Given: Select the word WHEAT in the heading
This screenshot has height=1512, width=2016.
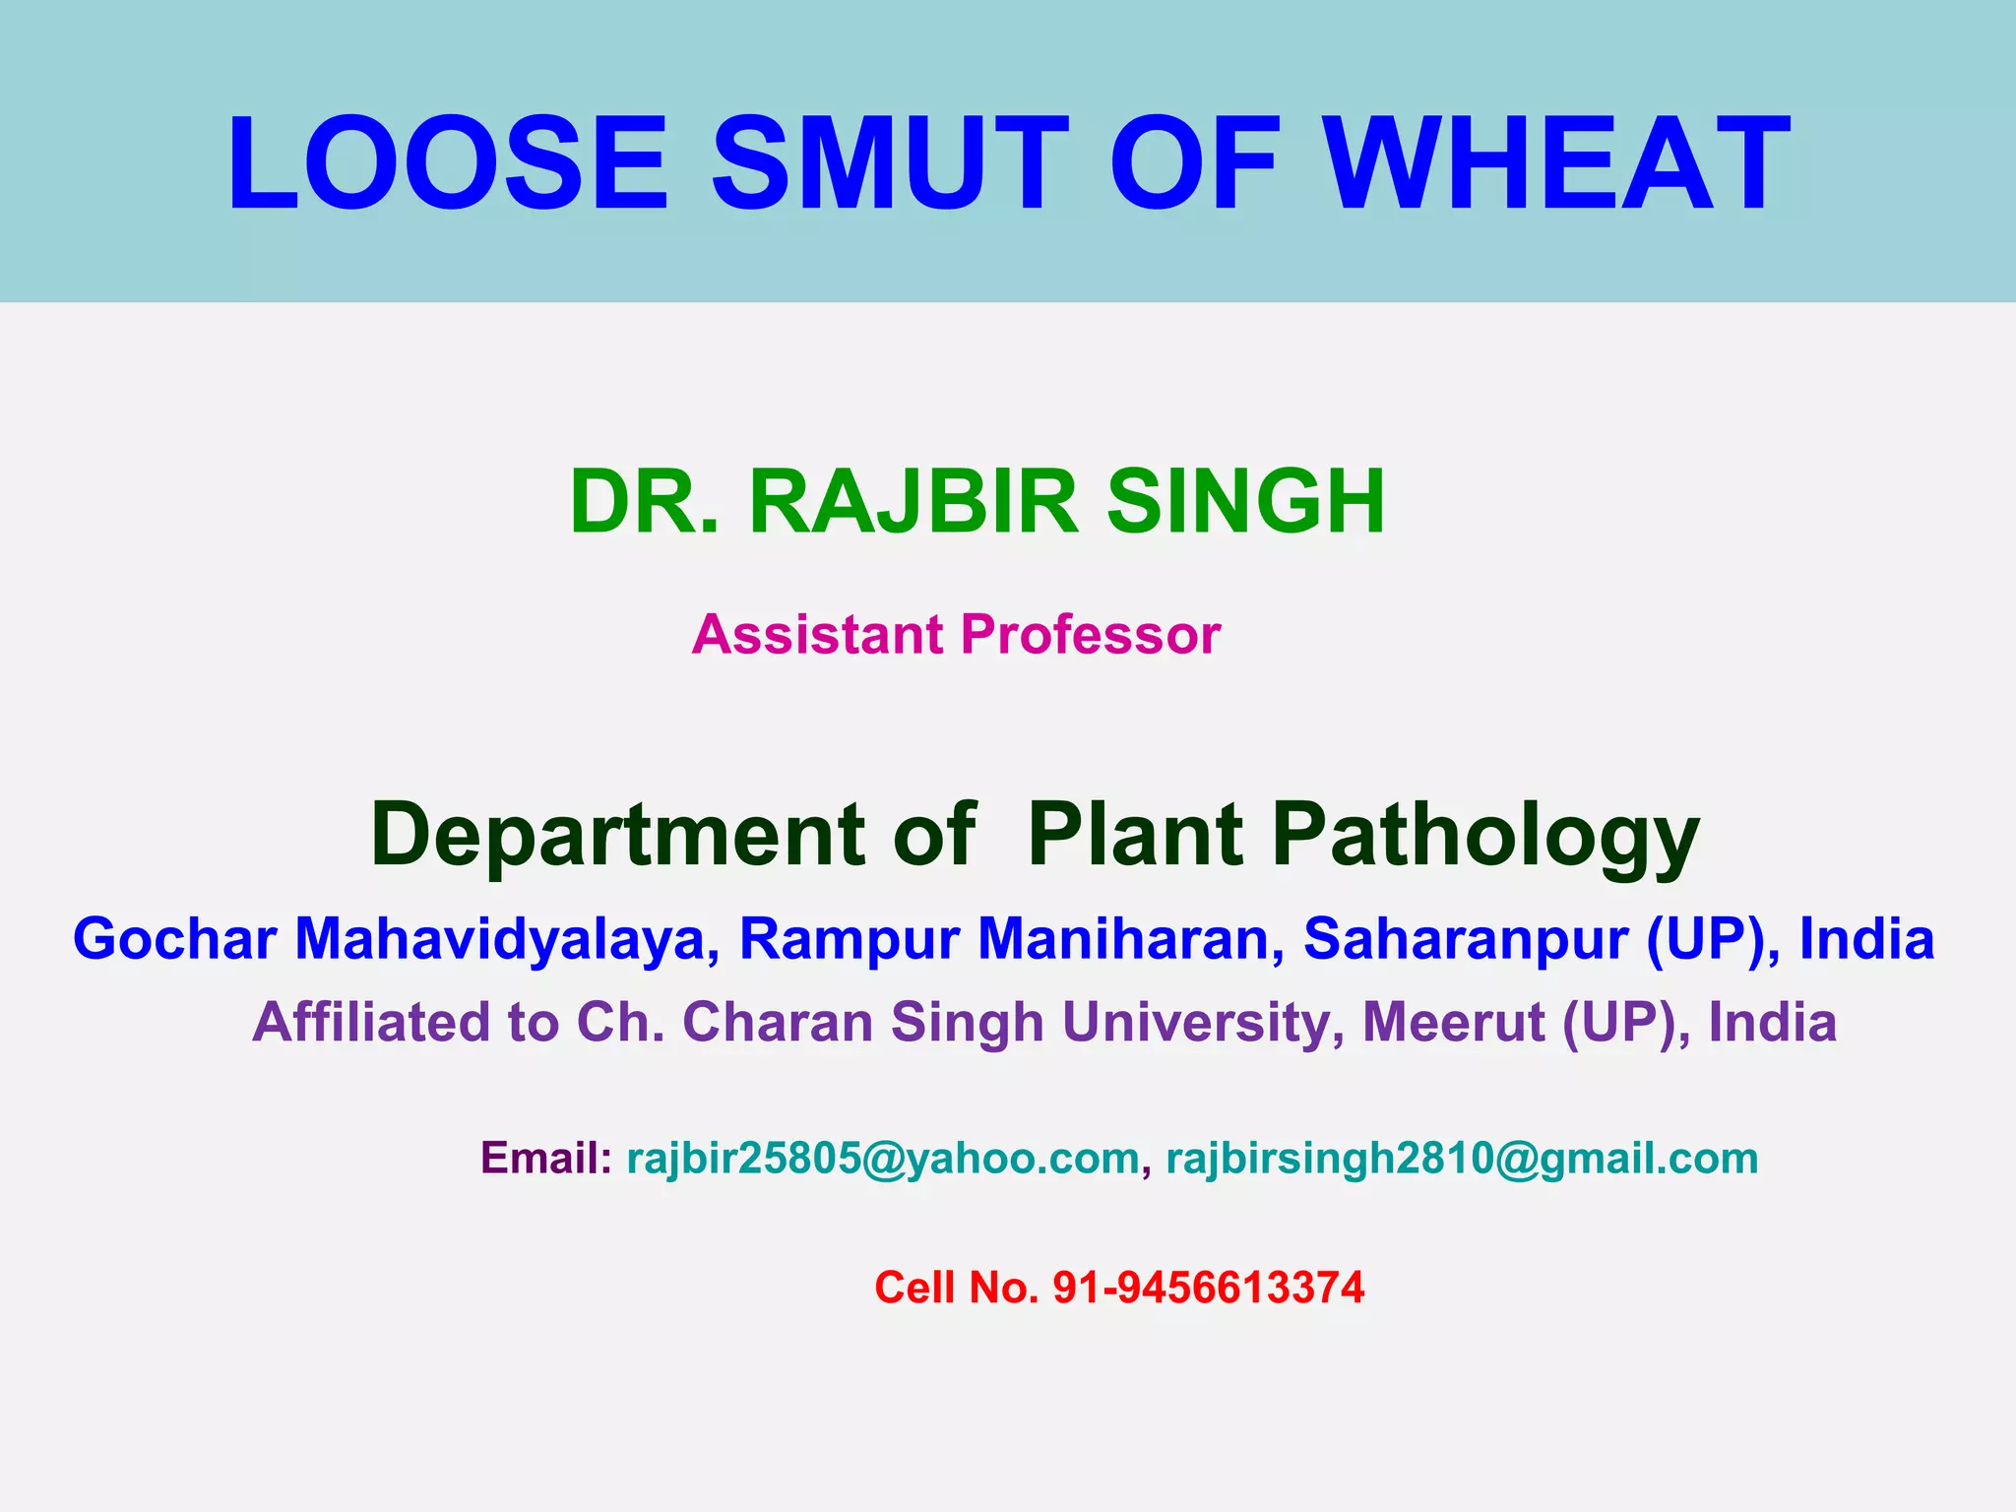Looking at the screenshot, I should coord(1555,163).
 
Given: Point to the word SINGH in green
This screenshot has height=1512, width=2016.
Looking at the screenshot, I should coord(1245,502).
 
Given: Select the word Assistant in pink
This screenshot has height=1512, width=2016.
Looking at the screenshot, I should coord(817,634).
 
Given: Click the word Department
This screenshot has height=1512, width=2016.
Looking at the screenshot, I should coord(618,835).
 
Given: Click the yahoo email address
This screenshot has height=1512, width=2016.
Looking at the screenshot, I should coord(883,1159).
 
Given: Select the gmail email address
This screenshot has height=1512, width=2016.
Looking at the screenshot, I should coord(1462,1159).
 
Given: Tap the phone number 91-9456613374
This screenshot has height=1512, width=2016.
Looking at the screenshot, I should coord(1209,1288).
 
